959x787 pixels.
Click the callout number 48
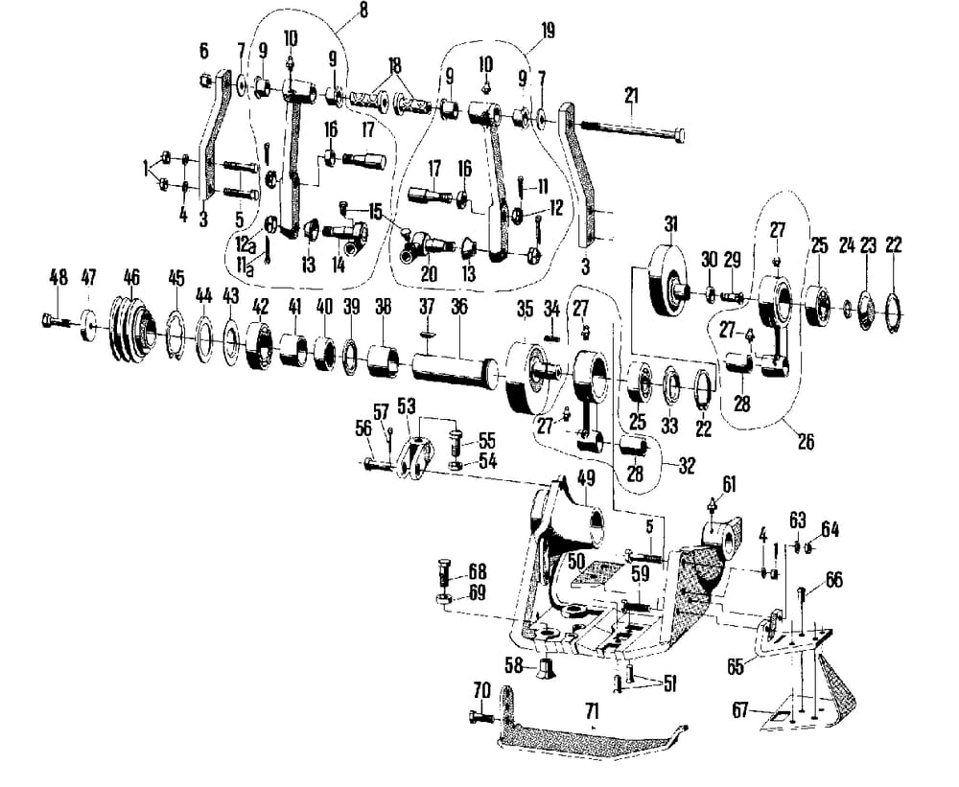[58, 277]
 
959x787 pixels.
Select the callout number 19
[547, 31]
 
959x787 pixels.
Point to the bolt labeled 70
[479, 717]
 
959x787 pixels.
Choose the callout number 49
[585, 477]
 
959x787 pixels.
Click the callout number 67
[739, 710]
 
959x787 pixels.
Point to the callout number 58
[515, 663]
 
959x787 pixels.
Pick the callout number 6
[204, 50]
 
